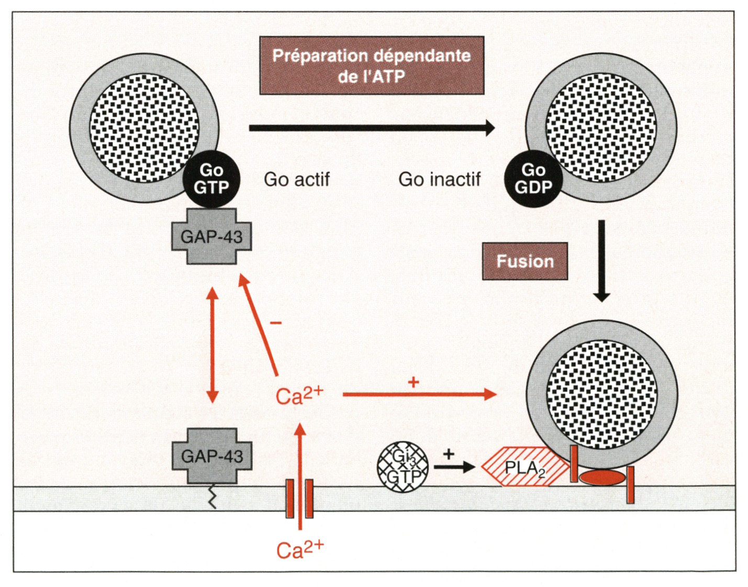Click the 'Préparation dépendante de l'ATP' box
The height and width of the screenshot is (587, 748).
click(x=372, y=65)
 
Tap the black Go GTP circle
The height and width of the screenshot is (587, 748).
click(x=211, y=179)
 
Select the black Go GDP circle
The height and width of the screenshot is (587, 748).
click(x=533, y=179)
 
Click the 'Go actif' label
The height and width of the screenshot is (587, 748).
click(x=297, y=180)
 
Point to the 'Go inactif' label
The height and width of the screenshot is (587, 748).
click(x=439, y=180)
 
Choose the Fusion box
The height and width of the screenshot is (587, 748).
click(x=525, y=261)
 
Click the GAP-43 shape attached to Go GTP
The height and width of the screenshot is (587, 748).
click(x=211, y=237)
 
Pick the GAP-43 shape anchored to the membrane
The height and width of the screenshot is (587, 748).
click(x=212, y=456)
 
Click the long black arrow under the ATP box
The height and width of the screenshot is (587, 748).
click(x=372, y=128)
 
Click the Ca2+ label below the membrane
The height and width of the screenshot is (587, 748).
click(x=300, y=549)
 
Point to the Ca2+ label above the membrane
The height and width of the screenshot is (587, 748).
click(x=299, y=396)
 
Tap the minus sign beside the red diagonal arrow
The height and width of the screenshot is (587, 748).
click(x=276, y=322)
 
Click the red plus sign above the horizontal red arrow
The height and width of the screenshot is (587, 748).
click(x=414, y=382)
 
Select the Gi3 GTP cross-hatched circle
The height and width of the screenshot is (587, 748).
click(x=403, y=467)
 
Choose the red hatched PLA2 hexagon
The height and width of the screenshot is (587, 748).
click(x=525, y=467)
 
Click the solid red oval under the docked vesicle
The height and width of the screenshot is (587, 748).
click(x=601, y=478)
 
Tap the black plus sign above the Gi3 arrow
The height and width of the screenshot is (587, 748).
click(x=449, y=453)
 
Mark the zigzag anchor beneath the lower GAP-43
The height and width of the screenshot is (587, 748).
click(x=212, y=496)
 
